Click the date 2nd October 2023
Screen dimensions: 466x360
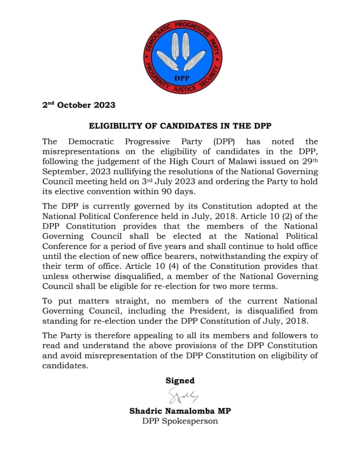pyautogui.click(x=79, y=105)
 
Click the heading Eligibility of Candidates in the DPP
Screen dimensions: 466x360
pyautogui.click(x=180, y=126)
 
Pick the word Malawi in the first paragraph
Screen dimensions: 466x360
pyautogui.click(x=235, y=161)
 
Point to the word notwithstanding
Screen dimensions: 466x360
pyautogui.click(x=248, y=256)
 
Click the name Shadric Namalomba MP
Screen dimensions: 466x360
pyautogui.click(x=180, y=411)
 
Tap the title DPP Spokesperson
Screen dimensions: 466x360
pyautogui.click(x=180, y=421)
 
